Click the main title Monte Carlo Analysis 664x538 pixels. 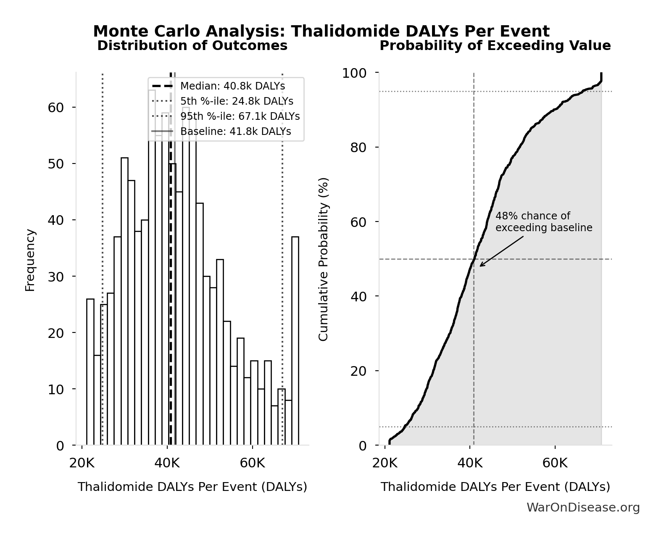click(321, 32)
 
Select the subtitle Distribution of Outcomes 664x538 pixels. click(192, 46)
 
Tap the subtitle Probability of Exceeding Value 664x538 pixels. click(495, 46)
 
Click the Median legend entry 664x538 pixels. click(232, 86)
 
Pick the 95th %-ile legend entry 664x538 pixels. click(240, 116)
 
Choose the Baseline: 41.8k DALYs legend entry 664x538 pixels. click(235, 132)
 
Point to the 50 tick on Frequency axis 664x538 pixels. click(56, 164)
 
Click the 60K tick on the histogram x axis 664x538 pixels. click(252, 464)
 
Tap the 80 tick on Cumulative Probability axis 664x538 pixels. click(359, 148)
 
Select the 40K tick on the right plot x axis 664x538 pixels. click(470, 464)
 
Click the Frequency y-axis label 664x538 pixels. click(30, 260)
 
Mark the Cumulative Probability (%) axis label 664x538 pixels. click(323, 259)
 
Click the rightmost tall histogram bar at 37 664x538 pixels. click(295, 340)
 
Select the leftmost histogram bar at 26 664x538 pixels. click(90, 372)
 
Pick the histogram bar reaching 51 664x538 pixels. click(124, 301)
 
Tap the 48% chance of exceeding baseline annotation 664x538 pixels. click(543, 222)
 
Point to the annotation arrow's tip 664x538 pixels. click(480, 266)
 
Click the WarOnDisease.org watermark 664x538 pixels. click(583, 508)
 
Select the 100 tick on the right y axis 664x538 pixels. click(354, 73)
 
